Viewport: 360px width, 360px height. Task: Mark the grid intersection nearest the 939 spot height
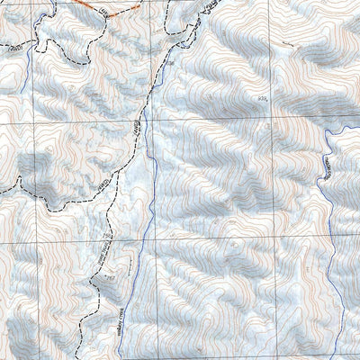click(272, 116)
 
